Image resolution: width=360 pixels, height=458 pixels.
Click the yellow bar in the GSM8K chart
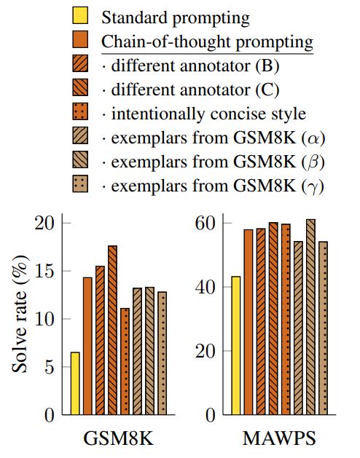point(75,384)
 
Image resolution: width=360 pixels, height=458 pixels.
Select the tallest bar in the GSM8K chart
point(112,331)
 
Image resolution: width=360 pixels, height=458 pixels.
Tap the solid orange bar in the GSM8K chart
point(87,347)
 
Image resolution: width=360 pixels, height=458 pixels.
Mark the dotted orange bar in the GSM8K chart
point(125,362)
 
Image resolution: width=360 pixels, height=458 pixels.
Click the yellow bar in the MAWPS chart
point(235,346)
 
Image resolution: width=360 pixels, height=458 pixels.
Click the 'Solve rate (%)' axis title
point(20,319)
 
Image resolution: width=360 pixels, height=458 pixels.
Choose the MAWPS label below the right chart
point(280,440)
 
